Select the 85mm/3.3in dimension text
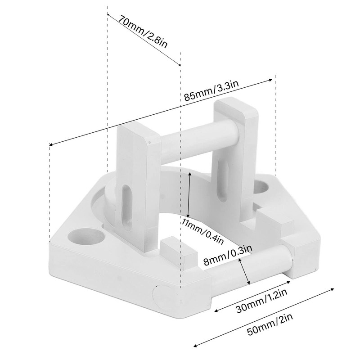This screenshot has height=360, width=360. pyautogui.click(x=211, y=90)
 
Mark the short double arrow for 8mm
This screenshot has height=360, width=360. pyautogui.click(x=245, y=271)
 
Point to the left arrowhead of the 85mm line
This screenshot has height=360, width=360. pyautogui.click(x=50, y=145)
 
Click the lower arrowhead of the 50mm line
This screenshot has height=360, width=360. pyautogui.click(x=194, y=346)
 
